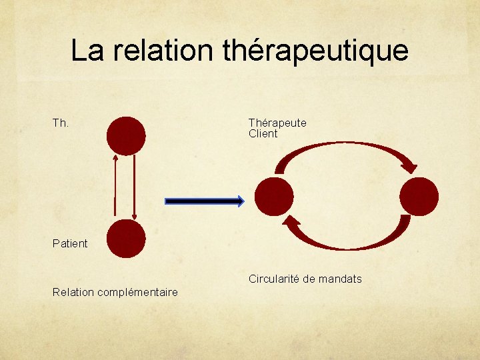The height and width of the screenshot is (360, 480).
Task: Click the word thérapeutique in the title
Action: click(x=315, y=50)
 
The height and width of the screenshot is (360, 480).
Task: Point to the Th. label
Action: click(x=61, y=123)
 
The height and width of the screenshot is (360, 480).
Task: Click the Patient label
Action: click(x=70, y=243)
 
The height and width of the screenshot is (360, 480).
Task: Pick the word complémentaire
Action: click(x=139, y=292)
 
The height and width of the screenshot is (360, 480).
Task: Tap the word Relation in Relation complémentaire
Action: click(x=74, y=292)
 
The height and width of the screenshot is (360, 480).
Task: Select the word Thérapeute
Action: click(x=277, y=123)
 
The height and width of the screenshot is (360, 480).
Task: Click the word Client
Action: click(x=263, y=133)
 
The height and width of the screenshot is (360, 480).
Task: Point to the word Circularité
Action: click(x=274, y=279)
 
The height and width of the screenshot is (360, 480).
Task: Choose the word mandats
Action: click(x=341, y=279)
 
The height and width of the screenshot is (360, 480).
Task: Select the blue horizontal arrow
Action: click(x=205, y=201)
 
